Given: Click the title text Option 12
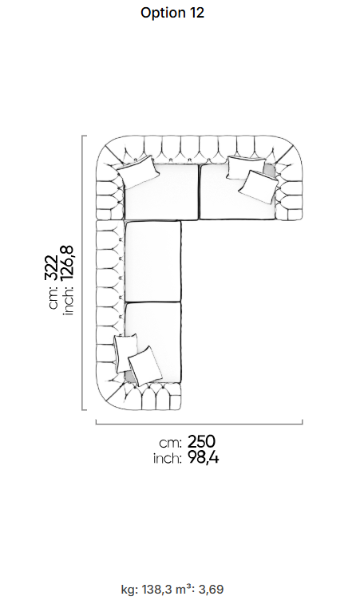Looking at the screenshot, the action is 172,13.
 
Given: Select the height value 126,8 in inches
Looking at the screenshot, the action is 67,263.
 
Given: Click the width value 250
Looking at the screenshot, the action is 201,441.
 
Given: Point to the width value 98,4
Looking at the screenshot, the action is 203,458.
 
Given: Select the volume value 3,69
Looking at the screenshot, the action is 211,590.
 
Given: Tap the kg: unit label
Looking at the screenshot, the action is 130,590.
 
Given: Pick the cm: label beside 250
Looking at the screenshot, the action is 170,443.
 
